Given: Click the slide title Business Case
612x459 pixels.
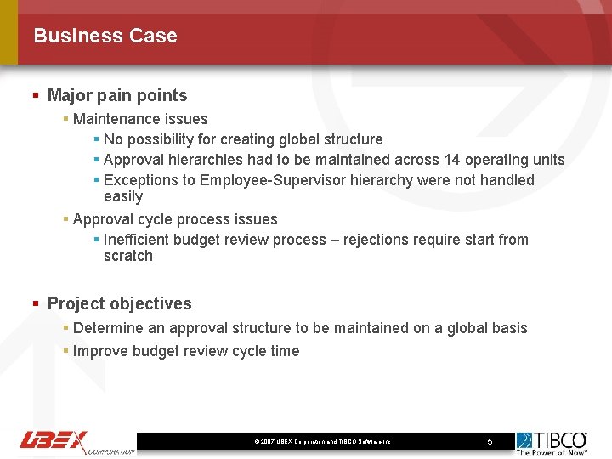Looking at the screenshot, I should click(x=105, y=36).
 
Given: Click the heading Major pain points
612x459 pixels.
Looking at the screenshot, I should click(x=117, y=96).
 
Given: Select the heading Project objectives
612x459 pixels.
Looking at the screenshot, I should click(x=119, y=303).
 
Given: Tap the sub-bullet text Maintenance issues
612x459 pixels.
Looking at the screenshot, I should click(x=140, y=119).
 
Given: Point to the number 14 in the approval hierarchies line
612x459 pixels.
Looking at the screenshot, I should click(x=451, y=160).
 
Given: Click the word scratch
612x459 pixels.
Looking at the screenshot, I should click(x=128, y=256).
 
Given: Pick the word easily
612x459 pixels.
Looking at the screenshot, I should click(x=123, y=196).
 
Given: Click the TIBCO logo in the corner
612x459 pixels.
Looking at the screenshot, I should click(x=552, y=441).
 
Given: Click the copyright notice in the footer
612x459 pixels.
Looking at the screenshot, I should click(x=322, y=442).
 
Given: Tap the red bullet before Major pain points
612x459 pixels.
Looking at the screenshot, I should click(x=36, y=96).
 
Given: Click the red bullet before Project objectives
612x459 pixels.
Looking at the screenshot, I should click(x=36, y=304).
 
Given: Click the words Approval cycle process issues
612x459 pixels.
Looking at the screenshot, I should click(x=175, y=219).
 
